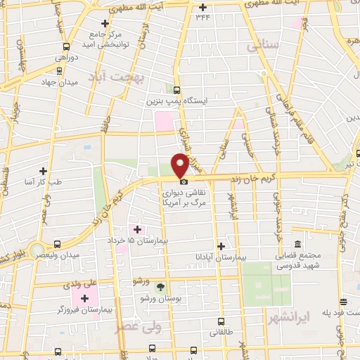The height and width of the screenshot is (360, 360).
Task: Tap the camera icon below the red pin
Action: coord(184,181)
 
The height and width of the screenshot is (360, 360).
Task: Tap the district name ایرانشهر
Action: coord(288,319)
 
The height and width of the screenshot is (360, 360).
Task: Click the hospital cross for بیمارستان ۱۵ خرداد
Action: coord(137,229)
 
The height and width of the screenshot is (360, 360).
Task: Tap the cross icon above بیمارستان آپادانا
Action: coord(221,246)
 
